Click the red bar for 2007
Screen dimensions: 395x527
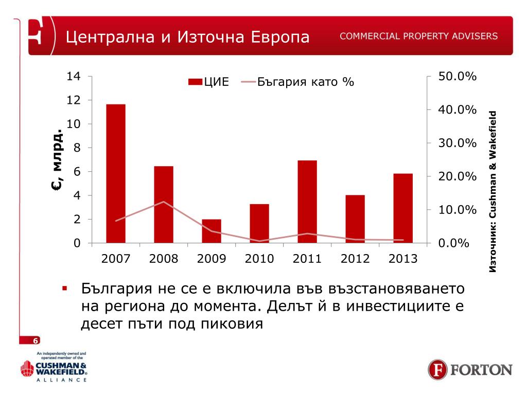[116, 173]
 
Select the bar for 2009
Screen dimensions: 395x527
[212, 231]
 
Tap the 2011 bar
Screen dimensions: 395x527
[307, 202]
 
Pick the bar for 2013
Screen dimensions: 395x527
[403, 208]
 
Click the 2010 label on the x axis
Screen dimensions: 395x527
[259, 259]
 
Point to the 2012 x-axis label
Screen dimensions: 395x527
[355, 259]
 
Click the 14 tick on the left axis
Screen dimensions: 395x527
[74, 77]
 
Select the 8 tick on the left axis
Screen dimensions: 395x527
[77, 148]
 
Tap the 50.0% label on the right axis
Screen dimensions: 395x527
[458, 77]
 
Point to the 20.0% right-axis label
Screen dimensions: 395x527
[458, 177]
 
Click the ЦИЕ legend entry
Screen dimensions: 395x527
[208, 82]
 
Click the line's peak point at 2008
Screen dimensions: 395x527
[164, 202]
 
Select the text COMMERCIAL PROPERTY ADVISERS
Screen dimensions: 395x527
[418, 37]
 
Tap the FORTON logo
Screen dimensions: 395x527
[470, 370]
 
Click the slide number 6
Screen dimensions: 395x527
[36, 340]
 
